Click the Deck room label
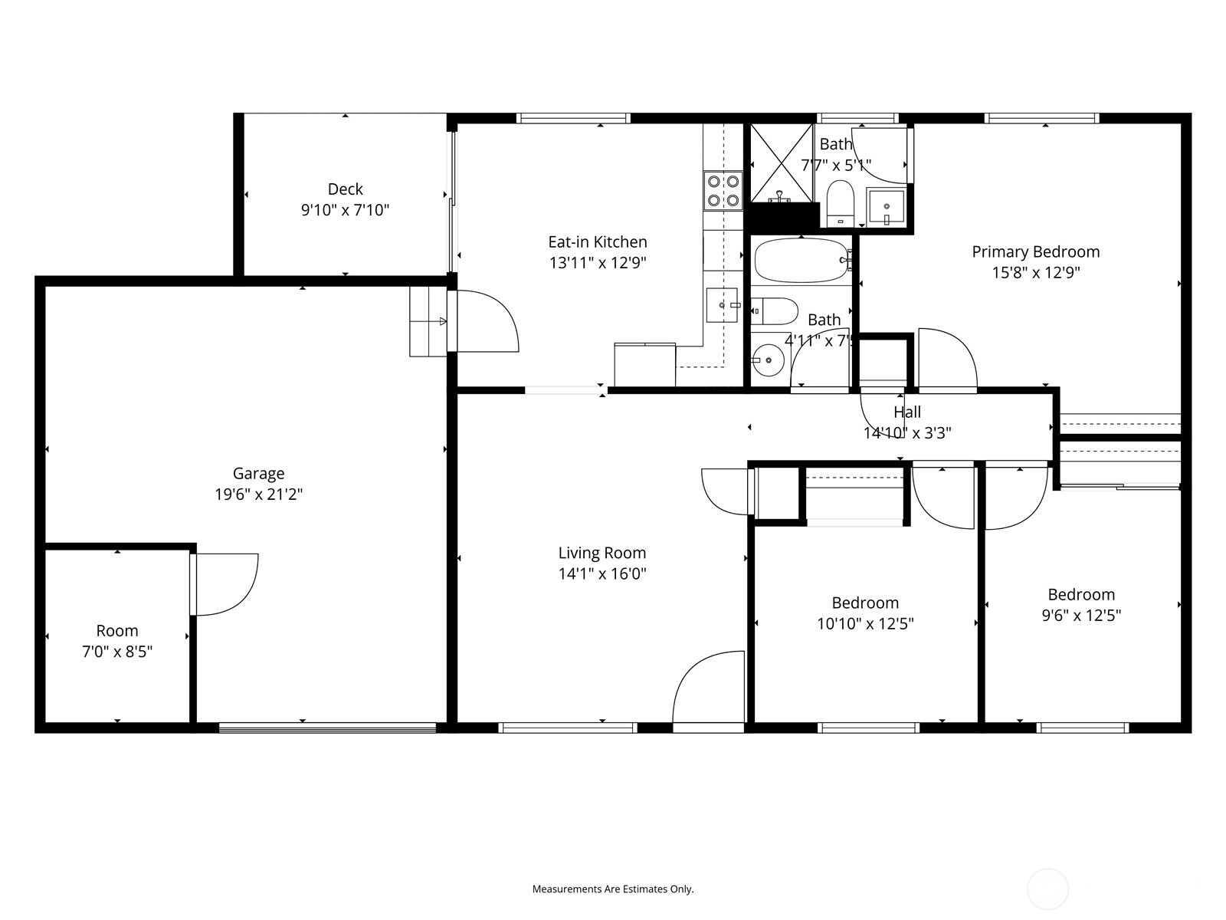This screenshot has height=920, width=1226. click(345, 189)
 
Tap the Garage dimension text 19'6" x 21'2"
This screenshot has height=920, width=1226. click(258, 495)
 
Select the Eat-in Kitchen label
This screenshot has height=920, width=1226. click(598, 242)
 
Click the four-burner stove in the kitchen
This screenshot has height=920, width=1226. click(723, 190)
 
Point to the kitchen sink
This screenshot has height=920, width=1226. click(723, 305)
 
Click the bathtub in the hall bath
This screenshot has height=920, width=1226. click(801, 261)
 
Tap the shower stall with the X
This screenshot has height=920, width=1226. click(782, 163)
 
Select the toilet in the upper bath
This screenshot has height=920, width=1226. click(841, 203)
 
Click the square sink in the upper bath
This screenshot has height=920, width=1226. click(886, 207)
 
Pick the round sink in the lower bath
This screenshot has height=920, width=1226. click(769, 360)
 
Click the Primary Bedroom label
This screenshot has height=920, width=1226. click(1036, 252)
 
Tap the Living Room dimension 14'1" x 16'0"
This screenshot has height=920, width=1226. click(603, 573)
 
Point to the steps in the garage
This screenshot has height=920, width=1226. click(428, 322)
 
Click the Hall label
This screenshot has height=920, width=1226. click(907, 412)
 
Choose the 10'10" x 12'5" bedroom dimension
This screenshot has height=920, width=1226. click(866, 623)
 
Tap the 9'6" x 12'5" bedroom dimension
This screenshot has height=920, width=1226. click(1082, 615)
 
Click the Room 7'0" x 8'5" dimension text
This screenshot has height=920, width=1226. click(117, 652)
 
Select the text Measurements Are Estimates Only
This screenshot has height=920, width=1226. click(613, 889)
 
